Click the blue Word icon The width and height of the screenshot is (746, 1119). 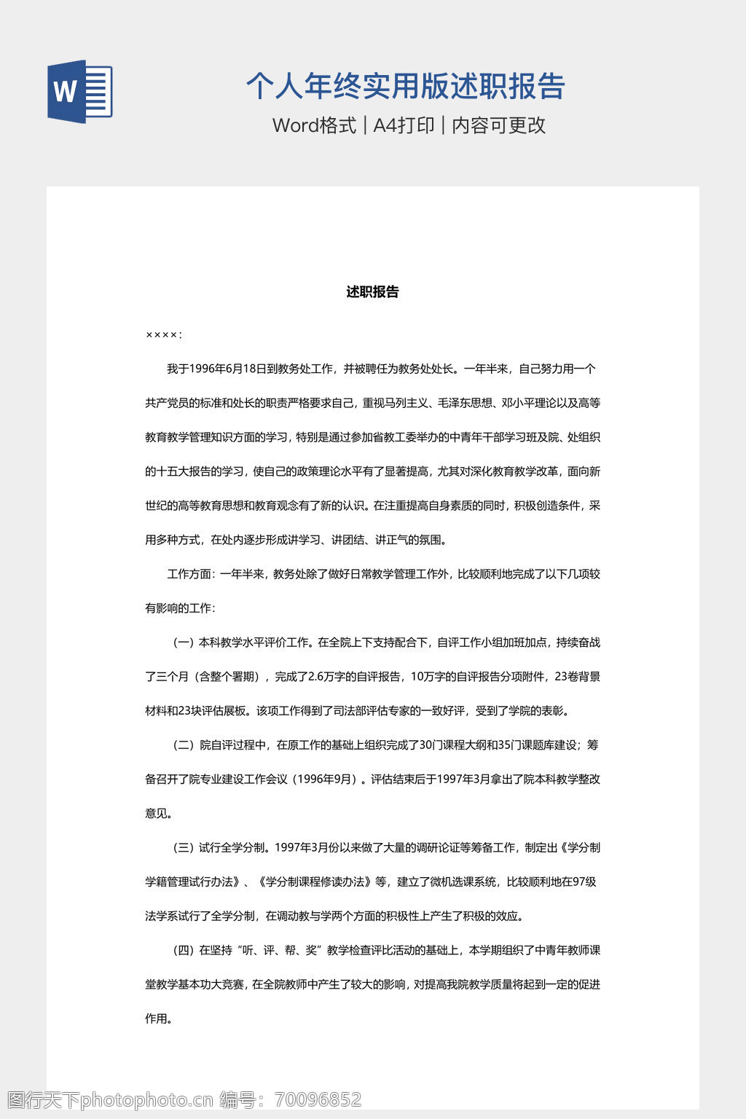80,91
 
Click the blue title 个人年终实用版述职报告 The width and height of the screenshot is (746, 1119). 405,86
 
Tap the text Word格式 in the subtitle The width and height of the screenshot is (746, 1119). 314,125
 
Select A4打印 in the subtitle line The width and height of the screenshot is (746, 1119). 404,125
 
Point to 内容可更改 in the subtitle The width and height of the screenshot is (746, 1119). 498,125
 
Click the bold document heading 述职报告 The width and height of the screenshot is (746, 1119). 372,292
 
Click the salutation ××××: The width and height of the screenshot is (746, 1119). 163,335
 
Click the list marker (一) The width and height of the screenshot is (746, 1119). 184,643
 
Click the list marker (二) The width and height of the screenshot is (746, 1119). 184,745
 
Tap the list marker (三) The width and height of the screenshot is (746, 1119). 184,848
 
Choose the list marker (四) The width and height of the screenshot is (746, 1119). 184,951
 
